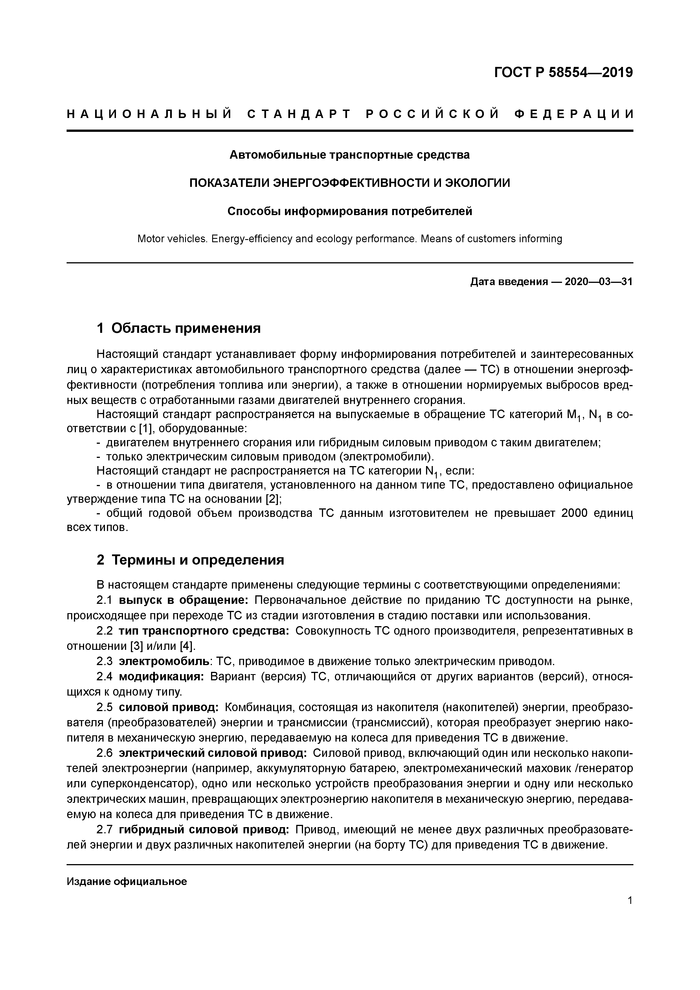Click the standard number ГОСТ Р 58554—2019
(x=563, y=73)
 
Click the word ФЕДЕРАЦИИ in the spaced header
(x=574, y=114)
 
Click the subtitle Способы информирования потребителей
(x=350, y=211)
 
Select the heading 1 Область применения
(x=179, y=329)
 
